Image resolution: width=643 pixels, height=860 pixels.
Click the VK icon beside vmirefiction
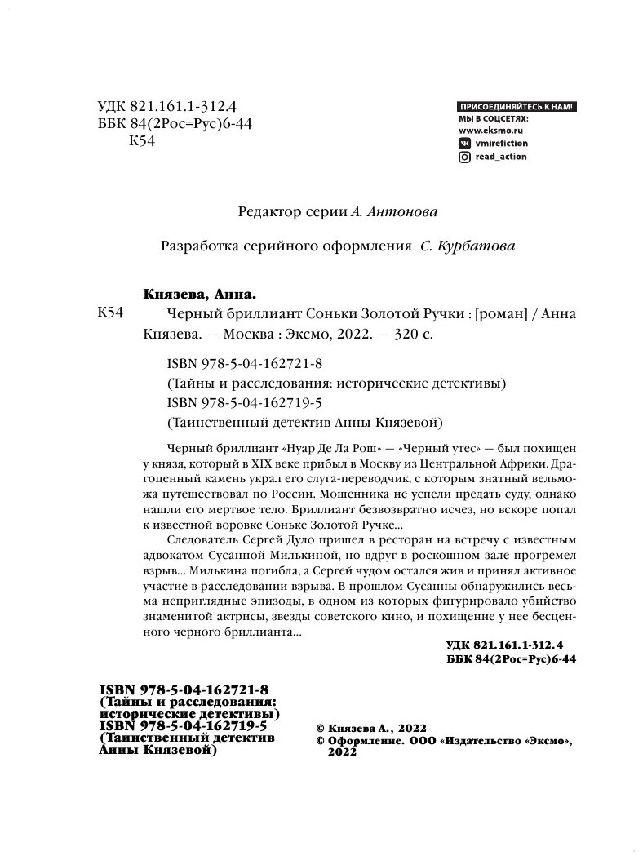464,142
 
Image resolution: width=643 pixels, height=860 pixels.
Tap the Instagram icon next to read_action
464,157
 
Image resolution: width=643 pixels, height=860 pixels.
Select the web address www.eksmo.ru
490,129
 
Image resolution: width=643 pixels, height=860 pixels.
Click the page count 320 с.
441,335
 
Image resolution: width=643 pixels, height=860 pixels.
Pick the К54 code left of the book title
109,315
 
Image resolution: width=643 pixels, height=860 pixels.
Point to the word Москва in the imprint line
246,335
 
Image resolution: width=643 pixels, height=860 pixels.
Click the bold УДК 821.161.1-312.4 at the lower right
512,645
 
